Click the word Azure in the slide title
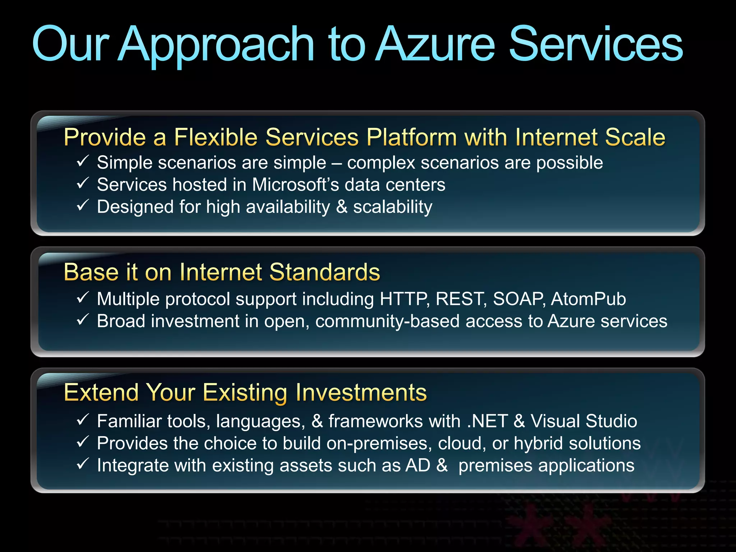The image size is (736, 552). [436, 45]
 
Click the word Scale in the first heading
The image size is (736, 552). [635, 137]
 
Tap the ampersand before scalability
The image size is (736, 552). [341, 207]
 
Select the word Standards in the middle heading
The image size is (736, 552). [325, 272]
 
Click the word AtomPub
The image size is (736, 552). [588, 299]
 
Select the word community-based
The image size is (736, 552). [387, 321]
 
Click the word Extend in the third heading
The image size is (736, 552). [101, 392]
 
